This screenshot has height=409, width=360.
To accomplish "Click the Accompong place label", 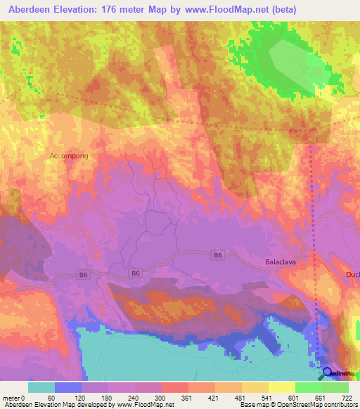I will (69, 155).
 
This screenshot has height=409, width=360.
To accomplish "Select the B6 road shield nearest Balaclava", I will (218, 257).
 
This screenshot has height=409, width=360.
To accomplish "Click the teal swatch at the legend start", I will (41, 387).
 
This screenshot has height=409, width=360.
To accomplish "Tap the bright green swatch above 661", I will (308, 387).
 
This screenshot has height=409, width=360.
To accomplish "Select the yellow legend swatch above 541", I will (255, 387).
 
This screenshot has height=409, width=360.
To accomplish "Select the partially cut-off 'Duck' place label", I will (352, 274).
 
